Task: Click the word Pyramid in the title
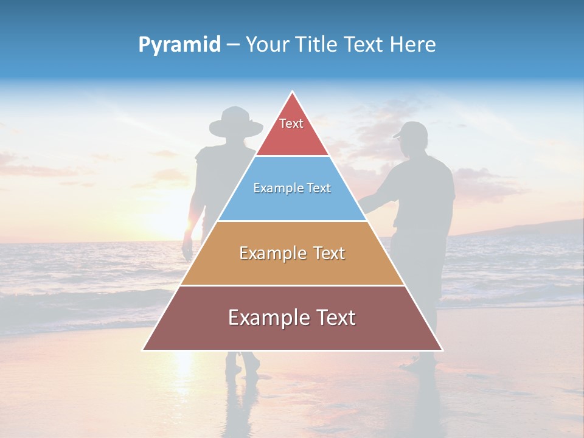179,45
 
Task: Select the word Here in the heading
413,45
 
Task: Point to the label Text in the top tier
291,123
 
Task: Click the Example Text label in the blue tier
292,188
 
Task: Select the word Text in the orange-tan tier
325,253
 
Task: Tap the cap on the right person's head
411,130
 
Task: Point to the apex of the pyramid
293,92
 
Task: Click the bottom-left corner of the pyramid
144,350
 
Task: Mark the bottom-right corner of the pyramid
442,350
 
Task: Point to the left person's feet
242,365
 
